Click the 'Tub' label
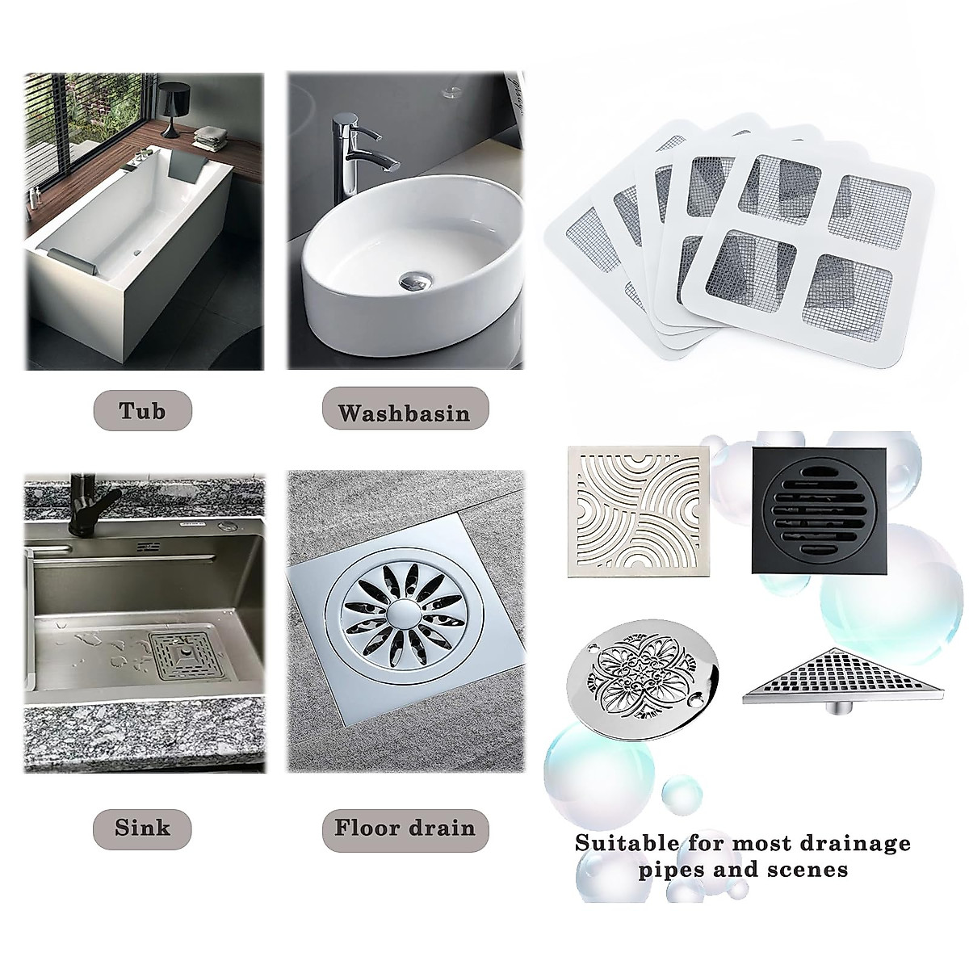pyautogui.click(x=142, y=410)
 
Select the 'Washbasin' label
pyautogui.click(x=404, y=413)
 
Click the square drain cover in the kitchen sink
pyautogui.click(x=182, y=659)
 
